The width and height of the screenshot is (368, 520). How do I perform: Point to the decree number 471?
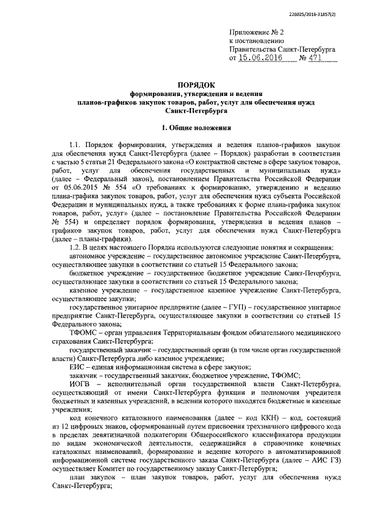[316, 58]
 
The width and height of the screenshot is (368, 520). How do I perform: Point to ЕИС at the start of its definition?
[76, 366]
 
